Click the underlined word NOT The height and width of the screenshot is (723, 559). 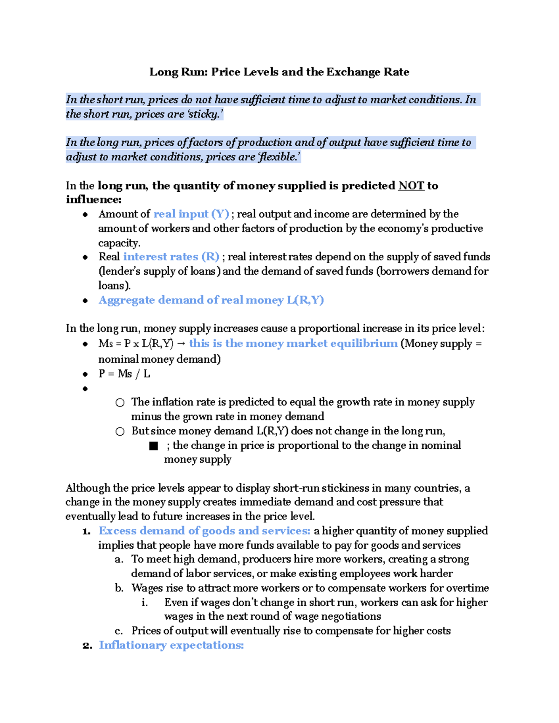[x=411, y=186]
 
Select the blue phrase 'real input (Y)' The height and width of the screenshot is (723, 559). [x=191, y=214]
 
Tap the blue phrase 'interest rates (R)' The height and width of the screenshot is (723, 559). [x=171, y=257]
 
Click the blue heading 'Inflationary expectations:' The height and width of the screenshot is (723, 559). [x=171, y=645]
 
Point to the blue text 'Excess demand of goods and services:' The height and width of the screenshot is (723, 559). [x=205, y=531]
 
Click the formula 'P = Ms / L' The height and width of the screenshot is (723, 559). [x=124, y=374]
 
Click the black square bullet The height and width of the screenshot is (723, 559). [x=153, y=446]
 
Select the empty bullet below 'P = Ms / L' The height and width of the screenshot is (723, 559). [x=85, y=389]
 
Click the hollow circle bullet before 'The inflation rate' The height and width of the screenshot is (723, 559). [x=120, y=403]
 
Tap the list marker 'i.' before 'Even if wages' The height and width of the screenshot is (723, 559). [x=145, y=602]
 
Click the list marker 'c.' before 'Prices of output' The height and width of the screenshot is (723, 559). [x=119, y=631]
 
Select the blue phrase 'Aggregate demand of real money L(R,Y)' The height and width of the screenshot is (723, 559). [x=211, y=300]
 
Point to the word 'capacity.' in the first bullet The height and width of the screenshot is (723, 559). [x=119, y=243]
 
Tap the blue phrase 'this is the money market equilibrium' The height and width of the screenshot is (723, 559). [x=293, y=344]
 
